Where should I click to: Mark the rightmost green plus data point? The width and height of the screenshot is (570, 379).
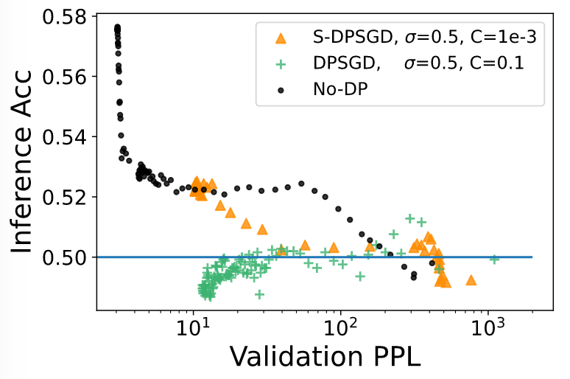pos(495,259)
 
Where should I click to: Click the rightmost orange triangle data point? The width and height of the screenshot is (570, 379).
pos(471,280)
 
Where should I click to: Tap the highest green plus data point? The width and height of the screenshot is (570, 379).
pos(410,218)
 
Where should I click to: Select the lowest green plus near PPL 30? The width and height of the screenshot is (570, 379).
pos(259,294)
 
